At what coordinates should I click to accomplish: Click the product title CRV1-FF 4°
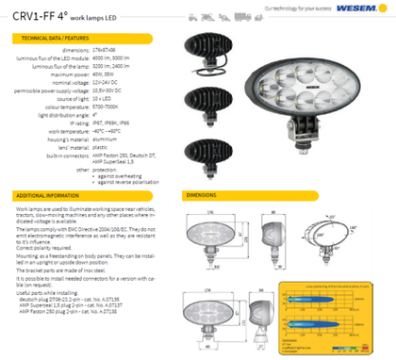click(x=40, y=13)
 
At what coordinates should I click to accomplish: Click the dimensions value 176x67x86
click(x=106, y=51)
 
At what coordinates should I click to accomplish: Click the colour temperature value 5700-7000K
click(x=106, y=107)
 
